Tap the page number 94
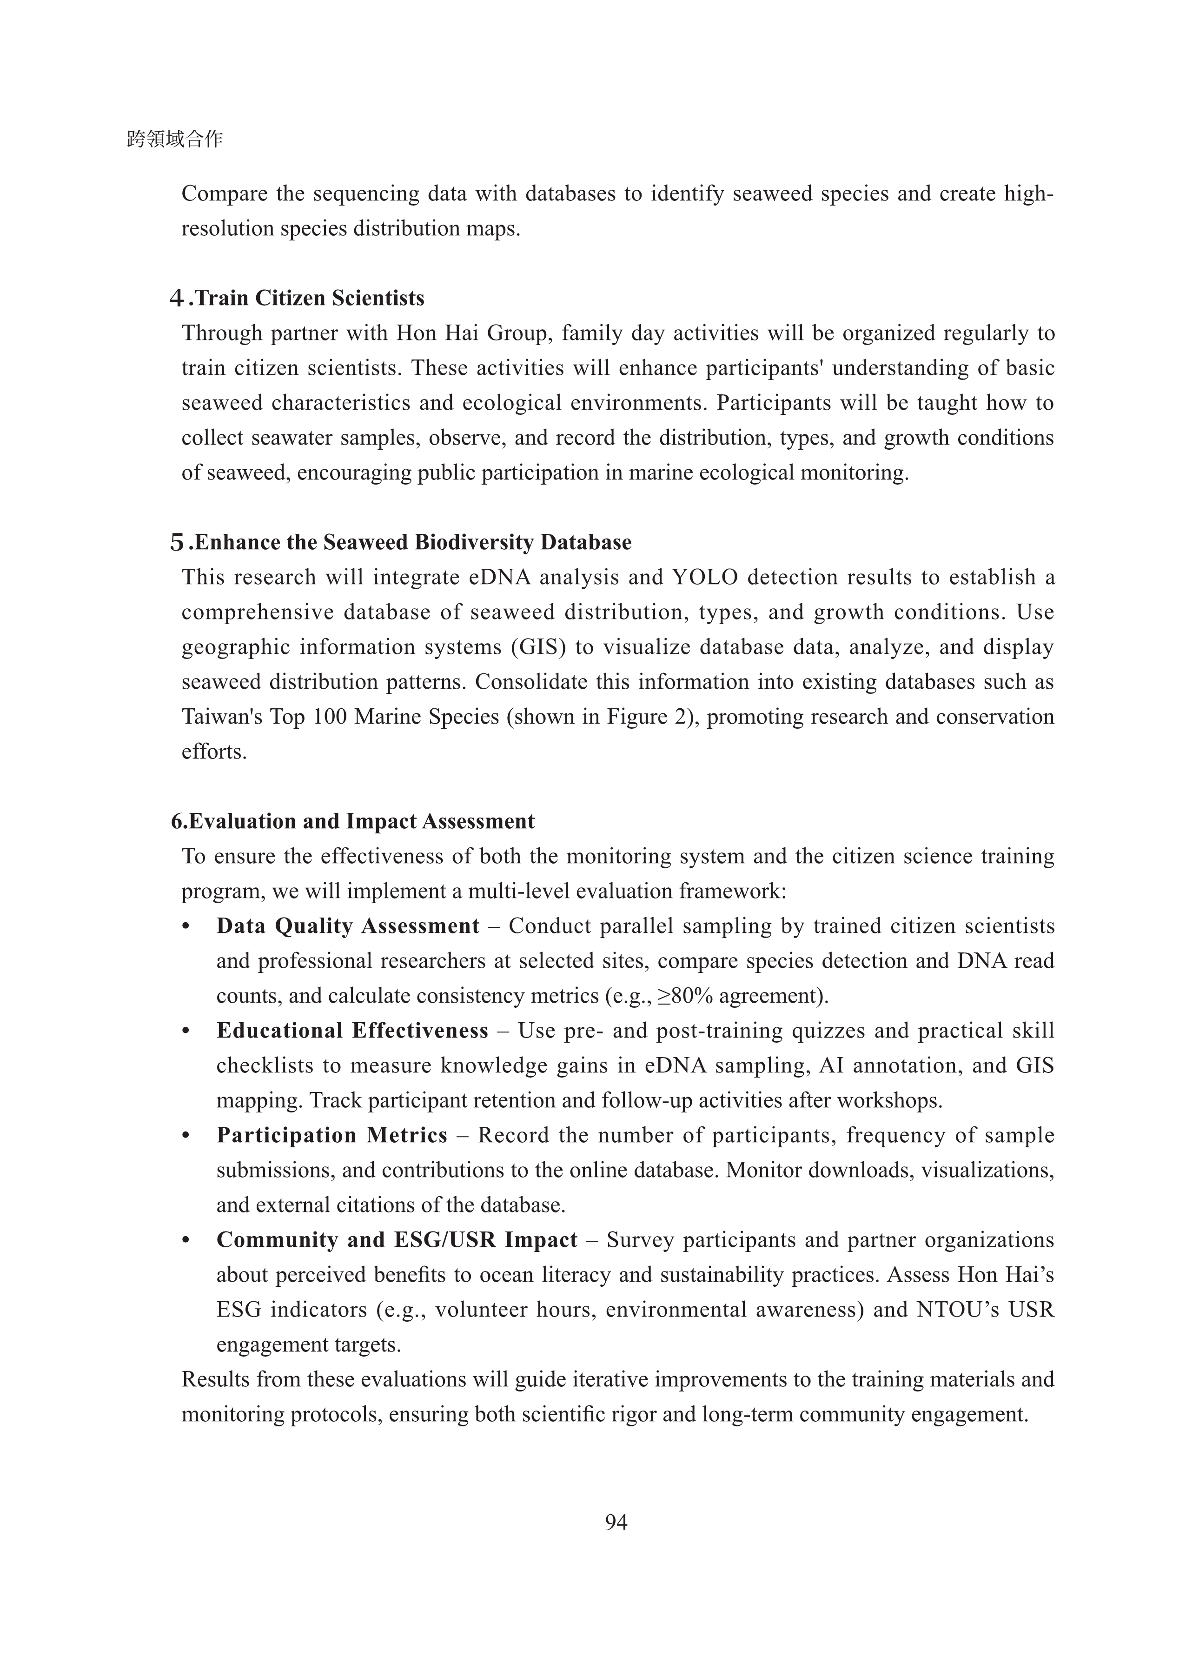616,1522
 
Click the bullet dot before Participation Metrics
186,1136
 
